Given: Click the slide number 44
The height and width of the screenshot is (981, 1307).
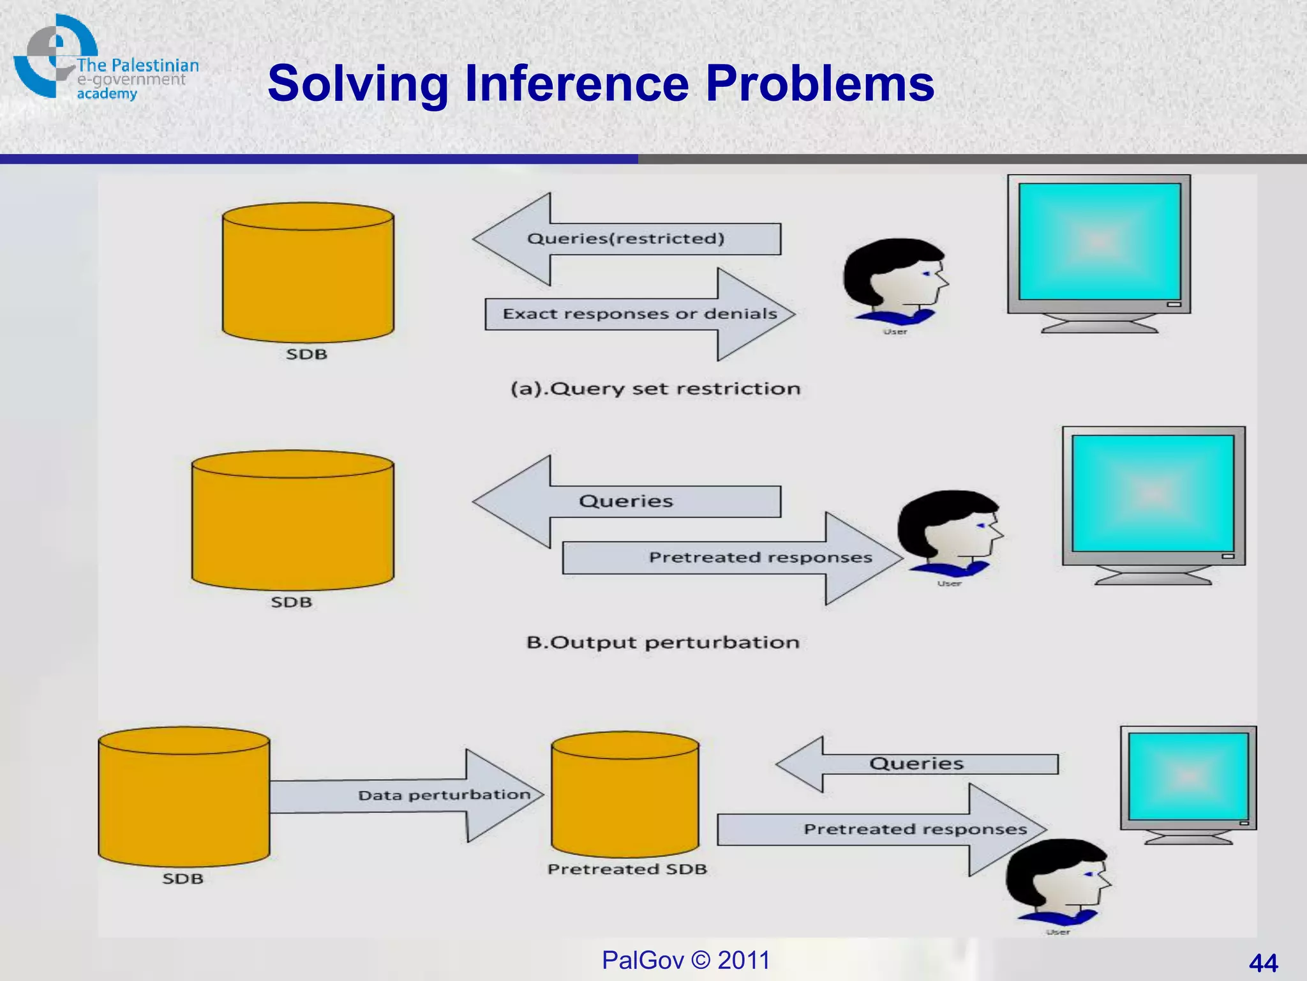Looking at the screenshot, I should pos(1263,962).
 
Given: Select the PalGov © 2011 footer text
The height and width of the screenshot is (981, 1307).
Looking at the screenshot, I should pos(686,960).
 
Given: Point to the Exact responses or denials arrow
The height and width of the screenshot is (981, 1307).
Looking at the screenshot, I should pos(640,314).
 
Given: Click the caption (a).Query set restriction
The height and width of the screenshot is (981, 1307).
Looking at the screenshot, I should pos(655,389).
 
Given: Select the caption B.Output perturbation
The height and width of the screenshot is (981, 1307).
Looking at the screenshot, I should pos(662,643).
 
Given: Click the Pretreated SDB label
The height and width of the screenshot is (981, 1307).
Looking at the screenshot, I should pos(627,869).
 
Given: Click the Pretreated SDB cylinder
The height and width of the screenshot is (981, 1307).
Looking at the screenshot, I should pos(625,795).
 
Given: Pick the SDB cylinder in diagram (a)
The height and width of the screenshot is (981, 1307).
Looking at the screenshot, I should pos(308,273).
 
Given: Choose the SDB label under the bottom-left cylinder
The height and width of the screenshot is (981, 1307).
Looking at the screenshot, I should pos(183,879).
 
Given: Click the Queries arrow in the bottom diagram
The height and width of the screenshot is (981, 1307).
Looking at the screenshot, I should pos(916,764).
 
